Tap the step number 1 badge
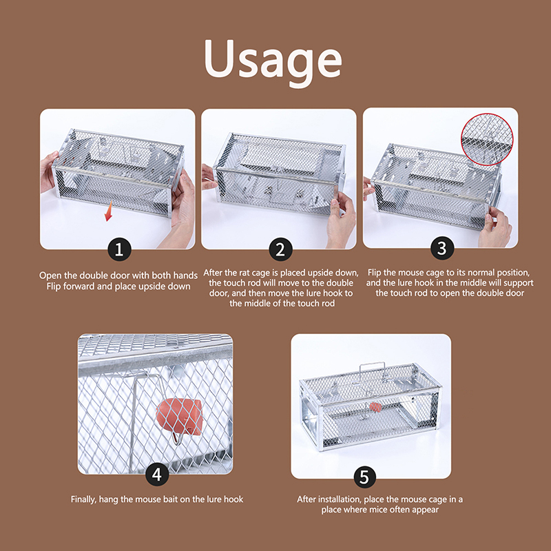coord(119,249)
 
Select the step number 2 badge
coord(280,249)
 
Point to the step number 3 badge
coord(442,248)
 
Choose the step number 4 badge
coord(157,475)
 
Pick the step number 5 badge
coord(365,477)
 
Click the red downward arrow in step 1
coord(109,211)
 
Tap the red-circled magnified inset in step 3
coord(487,139)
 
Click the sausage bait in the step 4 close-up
coord(180,417)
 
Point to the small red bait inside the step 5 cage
coord(375,407)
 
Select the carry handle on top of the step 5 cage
coord(372,371)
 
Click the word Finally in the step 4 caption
coord(83,499)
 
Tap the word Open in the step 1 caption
coord(50,275)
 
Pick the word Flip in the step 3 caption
coord(375,273)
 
